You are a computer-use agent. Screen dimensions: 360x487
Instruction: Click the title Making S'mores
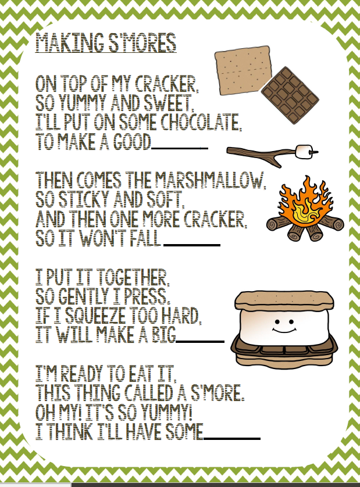106,43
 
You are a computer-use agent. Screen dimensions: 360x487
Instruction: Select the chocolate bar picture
290,95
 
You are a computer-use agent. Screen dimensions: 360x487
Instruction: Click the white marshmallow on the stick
303,152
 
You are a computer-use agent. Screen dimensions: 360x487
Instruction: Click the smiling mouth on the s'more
284,330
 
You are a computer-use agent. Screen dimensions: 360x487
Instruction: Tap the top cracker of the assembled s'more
284,299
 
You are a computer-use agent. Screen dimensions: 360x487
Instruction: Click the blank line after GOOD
180,149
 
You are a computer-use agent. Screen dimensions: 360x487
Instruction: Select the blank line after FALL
192,245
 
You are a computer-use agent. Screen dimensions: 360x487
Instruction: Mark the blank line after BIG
200,341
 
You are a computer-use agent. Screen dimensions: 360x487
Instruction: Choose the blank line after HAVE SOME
231,438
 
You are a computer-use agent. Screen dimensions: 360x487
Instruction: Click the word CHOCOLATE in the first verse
201,122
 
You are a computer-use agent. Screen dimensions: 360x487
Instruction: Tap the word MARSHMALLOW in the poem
210,181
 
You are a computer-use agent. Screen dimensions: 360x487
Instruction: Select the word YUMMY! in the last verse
166,413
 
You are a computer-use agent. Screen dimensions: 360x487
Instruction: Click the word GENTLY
84,296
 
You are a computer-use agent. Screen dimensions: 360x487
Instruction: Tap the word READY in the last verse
82,374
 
